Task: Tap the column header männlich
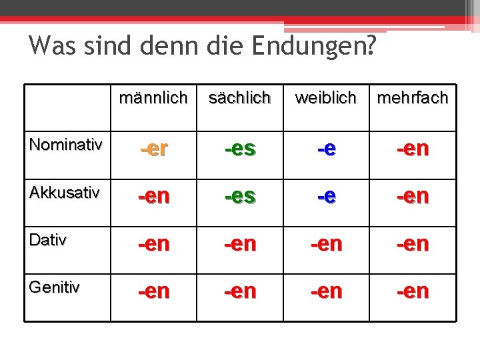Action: tap(153, 98)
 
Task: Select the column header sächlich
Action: tap(239, 98)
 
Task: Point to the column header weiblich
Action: tap(325, 98)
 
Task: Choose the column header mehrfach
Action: tap(413, 98)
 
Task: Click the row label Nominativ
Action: tap(66, 145)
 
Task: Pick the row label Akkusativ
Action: tap(65, 193)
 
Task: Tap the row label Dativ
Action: tap(48, 240)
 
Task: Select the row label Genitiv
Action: tap(55, 287)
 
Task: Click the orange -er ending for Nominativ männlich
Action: tap(153, 149)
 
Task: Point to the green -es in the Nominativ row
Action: tap(240, 149)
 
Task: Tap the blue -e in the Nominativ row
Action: tap(326, 149)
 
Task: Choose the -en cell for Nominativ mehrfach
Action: tap(413, 149)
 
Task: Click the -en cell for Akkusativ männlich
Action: tap(153, 197)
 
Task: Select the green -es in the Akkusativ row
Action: tap(240, 197)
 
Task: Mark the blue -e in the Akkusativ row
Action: tap(326, 197)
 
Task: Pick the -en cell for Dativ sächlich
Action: tap(240, 244)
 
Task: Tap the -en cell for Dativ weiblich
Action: tap(326, 244)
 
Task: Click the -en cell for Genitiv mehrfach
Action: tap(413, 291)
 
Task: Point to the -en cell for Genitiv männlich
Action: tap(153, 291)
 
